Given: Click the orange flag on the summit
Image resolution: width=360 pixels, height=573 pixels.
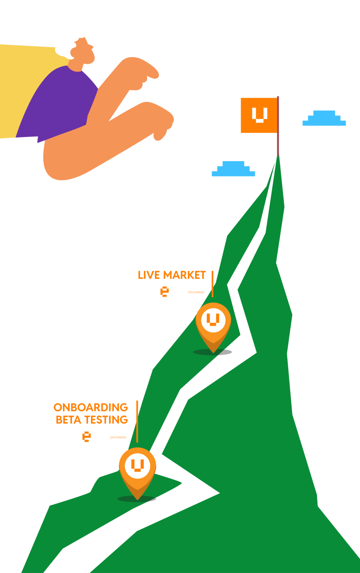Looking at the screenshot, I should click(x=259, y=115).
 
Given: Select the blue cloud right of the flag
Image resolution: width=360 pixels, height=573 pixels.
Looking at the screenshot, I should click(x=324, y=119).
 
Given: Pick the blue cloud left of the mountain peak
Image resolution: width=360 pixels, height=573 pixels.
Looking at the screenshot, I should click(x=233, y=169).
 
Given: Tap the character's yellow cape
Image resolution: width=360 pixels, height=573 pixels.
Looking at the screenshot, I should click(x=20, y=87).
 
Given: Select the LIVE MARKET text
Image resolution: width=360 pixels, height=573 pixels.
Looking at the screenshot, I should click(x=172, y=275).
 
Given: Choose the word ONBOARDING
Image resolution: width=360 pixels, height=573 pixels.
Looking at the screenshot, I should click(x=91, y=408).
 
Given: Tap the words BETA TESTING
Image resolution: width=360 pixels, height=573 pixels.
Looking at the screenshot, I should click(x=92, y=420).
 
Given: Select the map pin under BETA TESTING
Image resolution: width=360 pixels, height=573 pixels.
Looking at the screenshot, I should click(x=137, y=469).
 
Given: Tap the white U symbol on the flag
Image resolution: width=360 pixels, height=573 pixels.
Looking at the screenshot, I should click(x=260, y=115).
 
